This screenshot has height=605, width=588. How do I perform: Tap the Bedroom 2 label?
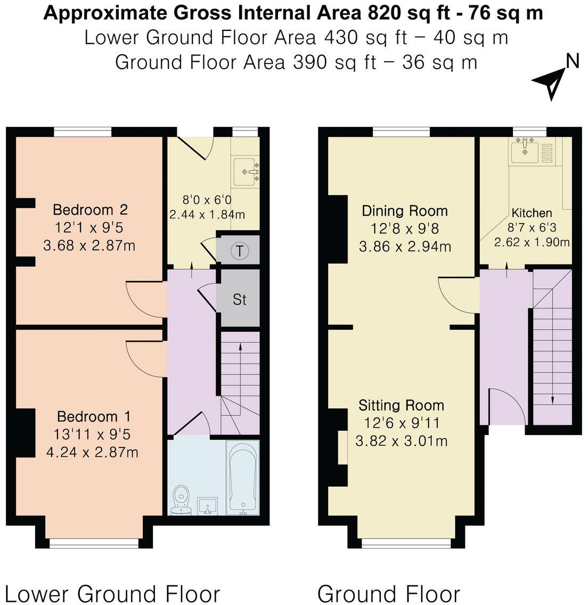83,210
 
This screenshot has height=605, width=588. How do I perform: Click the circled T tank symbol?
241,251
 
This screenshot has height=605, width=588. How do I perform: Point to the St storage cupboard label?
240,299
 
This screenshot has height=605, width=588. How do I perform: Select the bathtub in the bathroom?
243,478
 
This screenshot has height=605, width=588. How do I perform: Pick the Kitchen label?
532,213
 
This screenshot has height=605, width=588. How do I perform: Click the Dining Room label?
404,211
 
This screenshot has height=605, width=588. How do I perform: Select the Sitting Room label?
401,405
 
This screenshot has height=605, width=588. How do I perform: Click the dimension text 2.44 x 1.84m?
207,215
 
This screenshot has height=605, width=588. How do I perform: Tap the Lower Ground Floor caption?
112,593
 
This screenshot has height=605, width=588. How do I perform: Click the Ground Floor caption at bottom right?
389,593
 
